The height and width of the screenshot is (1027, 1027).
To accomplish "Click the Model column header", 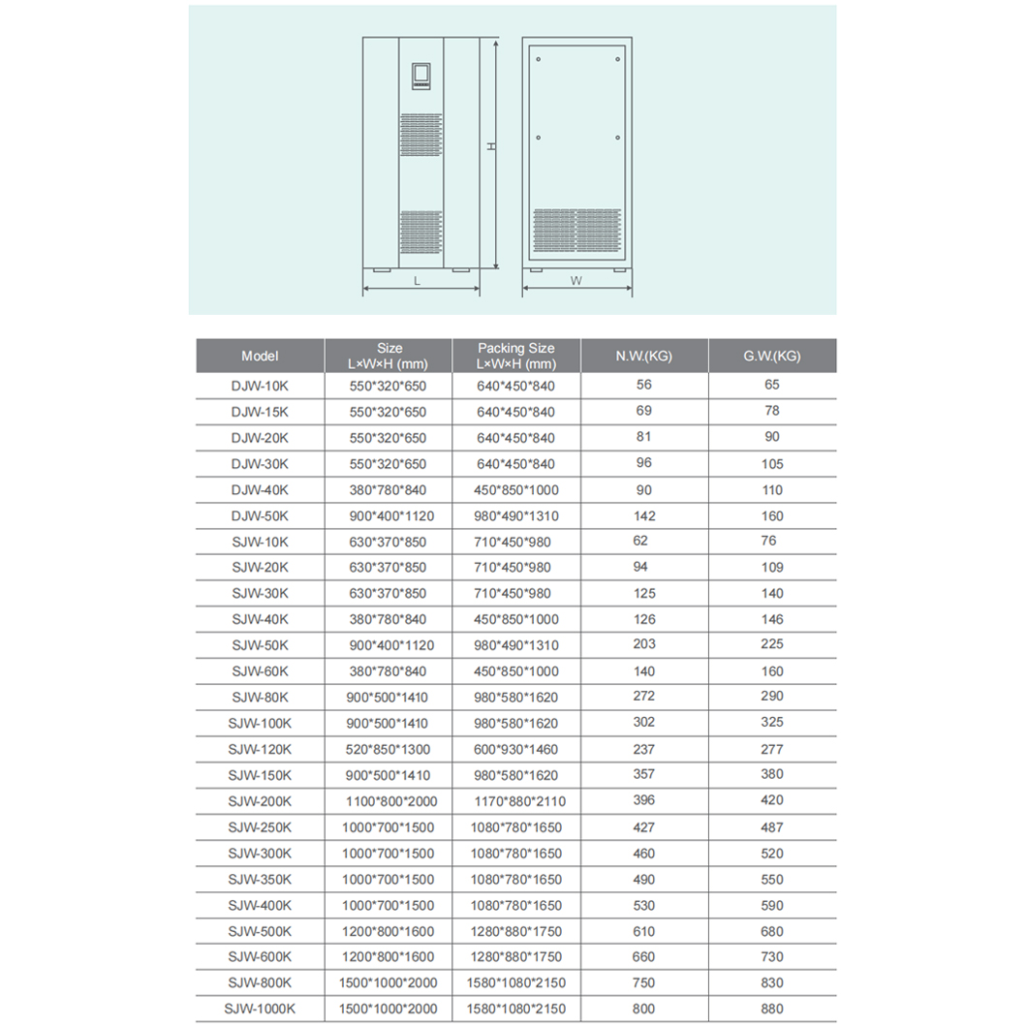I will point(260,356).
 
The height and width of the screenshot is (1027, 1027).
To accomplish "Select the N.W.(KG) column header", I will point(643,356).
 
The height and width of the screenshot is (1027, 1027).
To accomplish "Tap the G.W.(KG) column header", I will point(771,356).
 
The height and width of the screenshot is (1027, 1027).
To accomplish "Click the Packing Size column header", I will point(515,356).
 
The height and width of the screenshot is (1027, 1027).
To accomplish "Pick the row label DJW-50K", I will point(260,516).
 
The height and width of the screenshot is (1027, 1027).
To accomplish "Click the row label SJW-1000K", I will point(260,1009).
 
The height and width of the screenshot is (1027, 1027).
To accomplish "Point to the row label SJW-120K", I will point(260,749).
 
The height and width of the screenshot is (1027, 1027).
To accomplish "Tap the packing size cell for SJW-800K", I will point(515,983).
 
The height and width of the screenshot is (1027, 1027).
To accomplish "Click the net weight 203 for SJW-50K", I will point(643,644).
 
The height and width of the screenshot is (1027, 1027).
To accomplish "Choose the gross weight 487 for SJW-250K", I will point(771,827).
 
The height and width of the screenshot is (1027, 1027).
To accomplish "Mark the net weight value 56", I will point(643,385).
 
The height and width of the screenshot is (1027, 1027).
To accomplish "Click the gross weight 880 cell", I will point(771,1009).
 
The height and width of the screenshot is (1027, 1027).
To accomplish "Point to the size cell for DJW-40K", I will point(388,490).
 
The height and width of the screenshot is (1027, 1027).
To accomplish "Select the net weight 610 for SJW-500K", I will point(643,931).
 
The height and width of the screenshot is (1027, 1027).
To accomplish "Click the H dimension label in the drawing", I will point(491,146).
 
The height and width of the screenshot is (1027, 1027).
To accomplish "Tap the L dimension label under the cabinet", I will point(417,280).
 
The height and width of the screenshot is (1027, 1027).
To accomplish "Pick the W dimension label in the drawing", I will point(576,281).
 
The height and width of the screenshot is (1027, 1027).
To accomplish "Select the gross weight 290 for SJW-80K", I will point(771,696).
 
